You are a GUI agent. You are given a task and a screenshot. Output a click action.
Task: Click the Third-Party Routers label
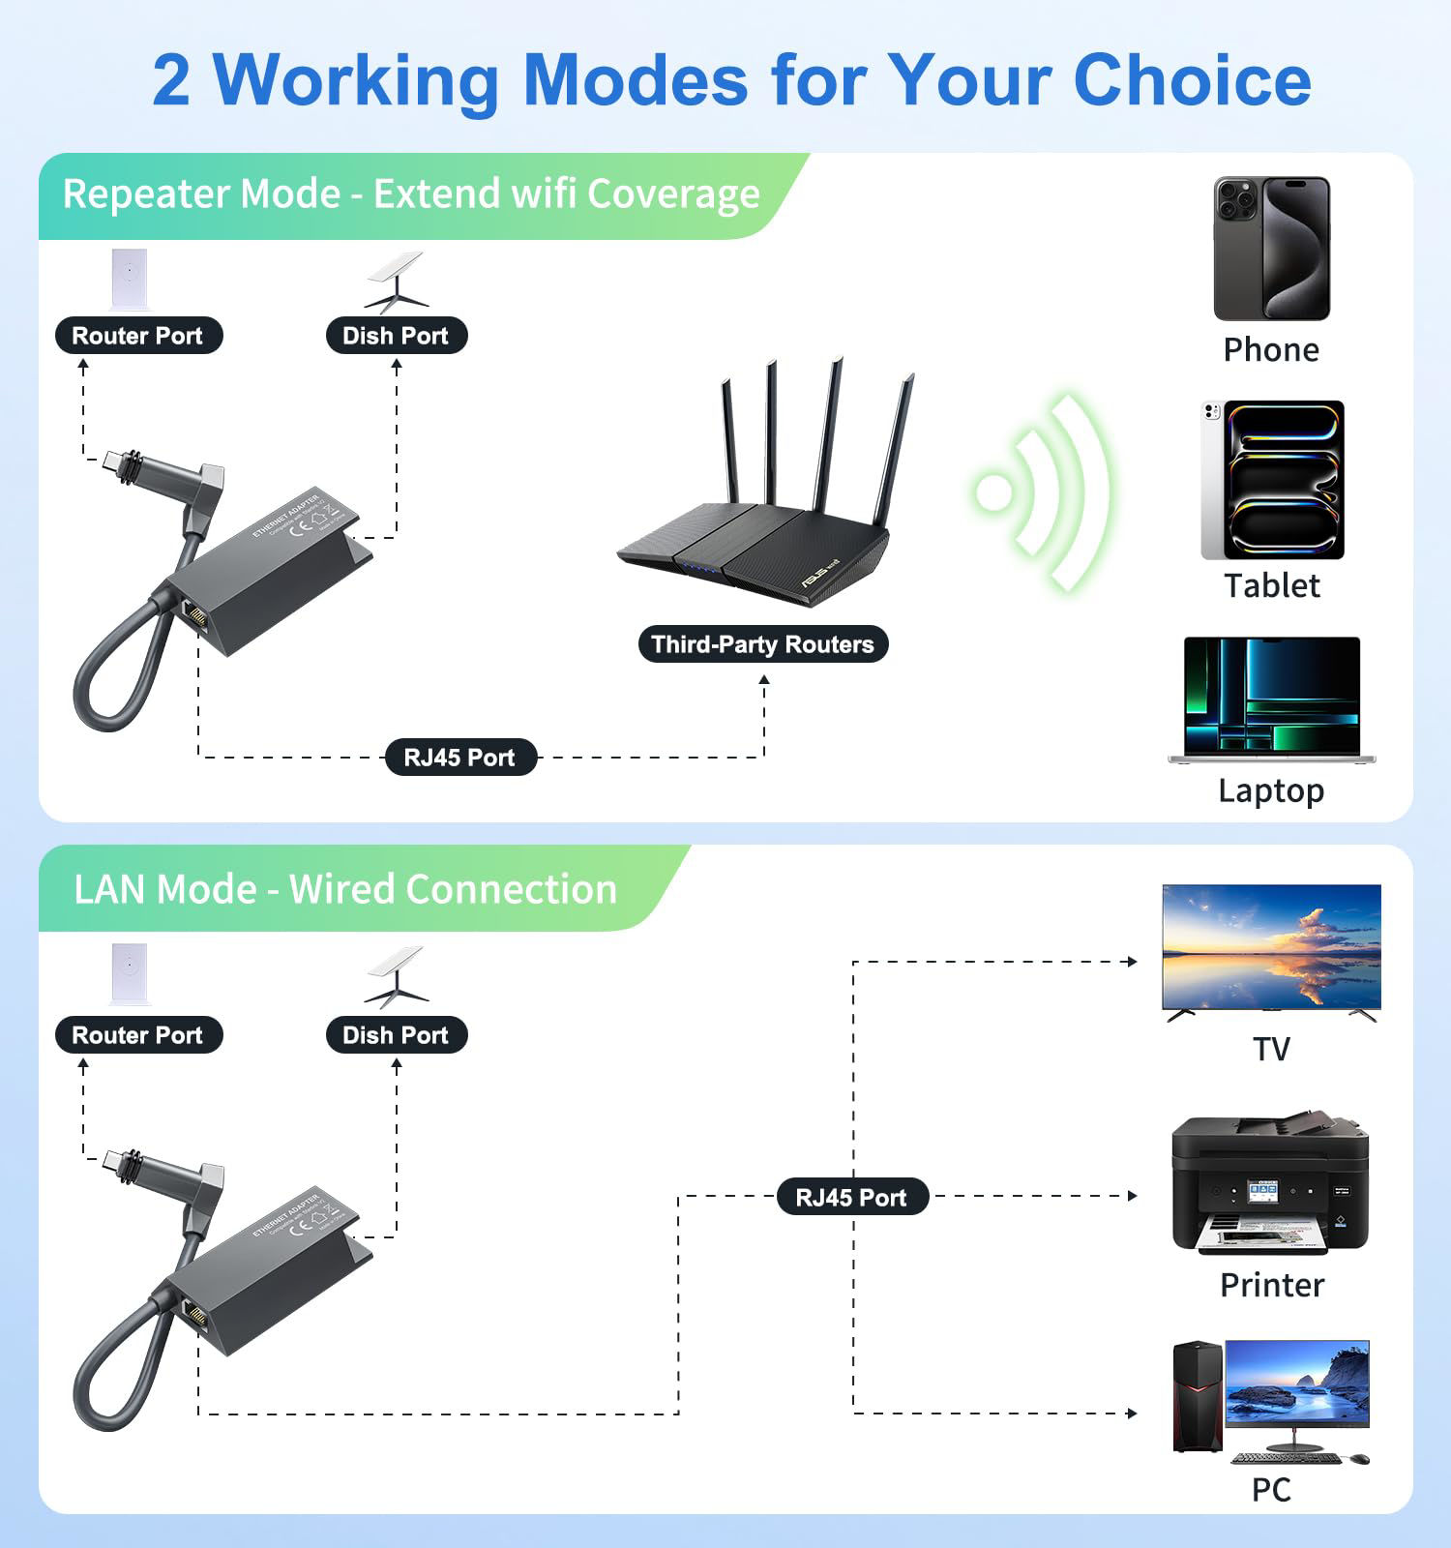tap(762, 644)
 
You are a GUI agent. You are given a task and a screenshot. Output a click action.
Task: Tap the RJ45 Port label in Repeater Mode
tap(459, 758)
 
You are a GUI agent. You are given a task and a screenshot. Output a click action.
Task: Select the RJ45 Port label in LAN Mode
tap(851, 1198)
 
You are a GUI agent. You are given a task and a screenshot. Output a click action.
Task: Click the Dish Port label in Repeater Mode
tap(396, 336)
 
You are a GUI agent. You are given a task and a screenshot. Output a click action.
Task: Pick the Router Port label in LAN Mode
tap(137, 1035)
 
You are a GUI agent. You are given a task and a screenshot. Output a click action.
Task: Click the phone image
tap(1271, 249)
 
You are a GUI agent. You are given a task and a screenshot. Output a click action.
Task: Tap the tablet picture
tap(1273, 481)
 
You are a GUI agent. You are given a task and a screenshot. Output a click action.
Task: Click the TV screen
tap(1271, 946)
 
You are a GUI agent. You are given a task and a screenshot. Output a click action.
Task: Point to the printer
tap(1269, 1185)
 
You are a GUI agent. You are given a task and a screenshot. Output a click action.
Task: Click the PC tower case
tap(1198, 1396)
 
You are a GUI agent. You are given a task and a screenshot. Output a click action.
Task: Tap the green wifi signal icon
tap(1043, 492)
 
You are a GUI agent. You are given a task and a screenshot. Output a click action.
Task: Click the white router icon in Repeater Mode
tap(130, 280)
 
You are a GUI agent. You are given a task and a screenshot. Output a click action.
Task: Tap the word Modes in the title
tap(635, 79)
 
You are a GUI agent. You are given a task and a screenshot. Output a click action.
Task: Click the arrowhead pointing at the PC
tap(1132, 1414)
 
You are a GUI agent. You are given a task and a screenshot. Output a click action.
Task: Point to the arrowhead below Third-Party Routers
tap(764, 680)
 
